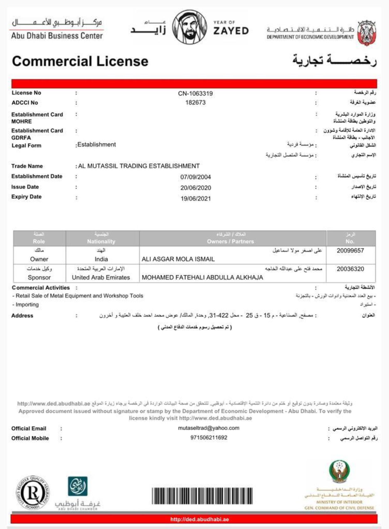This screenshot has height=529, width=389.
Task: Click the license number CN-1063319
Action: point(195,93)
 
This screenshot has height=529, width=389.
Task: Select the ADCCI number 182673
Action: point(195,102)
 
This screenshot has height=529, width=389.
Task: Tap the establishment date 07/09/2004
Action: point(195,177)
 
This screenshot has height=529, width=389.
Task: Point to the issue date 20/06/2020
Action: point(195,188)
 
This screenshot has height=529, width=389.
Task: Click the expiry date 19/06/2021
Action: point(195,198)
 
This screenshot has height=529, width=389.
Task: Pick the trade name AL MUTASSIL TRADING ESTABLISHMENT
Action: point(139,166)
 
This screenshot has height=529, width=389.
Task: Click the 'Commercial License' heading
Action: point(80,61)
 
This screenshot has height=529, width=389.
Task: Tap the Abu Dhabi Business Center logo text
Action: point(57,36)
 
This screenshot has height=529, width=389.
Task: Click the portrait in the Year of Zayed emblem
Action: point(189,27)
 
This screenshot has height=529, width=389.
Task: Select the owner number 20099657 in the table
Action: point(350,251)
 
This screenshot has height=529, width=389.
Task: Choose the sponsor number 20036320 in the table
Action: point(350,269)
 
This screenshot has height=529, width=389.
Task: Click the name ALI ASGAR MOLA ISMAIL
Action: point(178,259)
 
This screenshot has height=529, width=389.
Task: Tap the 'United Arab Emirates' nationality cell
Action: point(101,277)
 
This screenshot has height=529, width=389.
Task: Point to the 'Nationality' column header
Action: point(101,241)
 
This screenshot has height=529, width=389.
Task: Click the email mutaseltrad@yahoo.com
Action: point(209,428)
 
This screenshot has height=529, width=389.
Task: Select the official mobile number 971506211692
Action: point(209,438)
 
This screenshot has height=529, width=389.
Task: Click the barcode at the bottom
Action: point(202,495)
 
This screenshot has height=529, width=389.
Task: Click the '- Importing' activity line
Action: point(26,304)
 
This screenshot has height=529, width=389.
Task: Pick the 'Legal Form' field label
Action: point(26,145)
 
